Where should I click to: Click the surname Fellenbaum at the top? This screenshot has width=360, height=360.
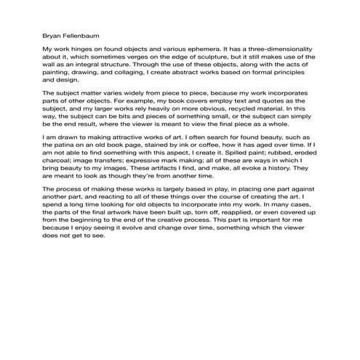pos(79,33)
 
